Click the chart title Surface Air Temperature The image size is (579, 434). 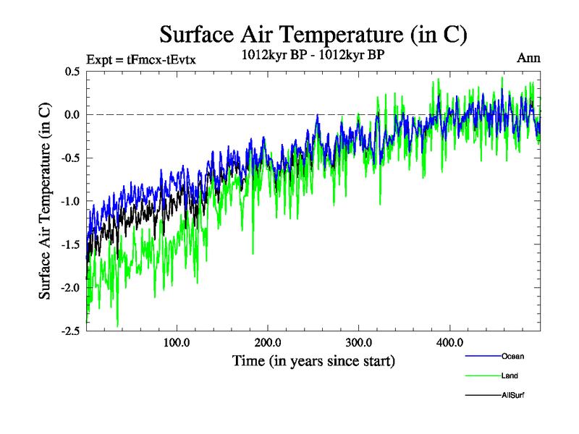[313, 34]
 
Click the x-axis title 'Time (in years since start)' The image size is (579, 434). [313, 359]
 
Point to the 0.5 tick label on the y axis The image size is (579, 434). [71, 71]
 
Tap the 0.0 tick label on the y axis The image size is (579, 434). [71, 114]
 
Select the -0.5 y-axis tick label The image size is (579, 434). [69, 158]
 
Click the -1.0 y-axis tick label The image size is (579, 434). [69, 201]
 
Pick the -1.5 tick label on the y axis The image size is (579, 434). [69, 244]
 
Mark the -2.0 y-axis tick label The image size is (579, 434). [69, 288]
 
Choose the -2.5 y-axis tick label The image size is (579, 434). [69, 331]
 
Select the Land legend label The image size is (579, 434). [510, 375]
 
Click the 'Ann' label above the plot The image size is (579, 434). [528, 59]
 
